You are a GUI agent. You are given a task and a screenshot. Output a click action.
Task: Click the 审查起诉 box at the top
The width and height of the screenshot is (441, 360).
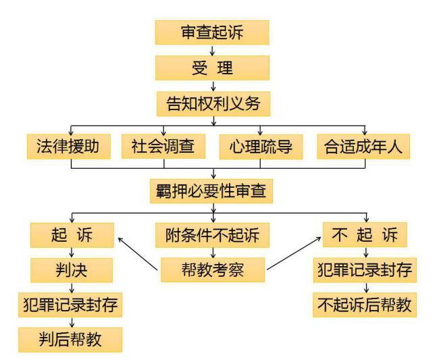point(212,32)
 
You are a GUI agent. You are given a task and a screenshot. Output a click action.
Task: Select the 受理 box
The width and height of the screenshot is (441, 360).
point(212,68)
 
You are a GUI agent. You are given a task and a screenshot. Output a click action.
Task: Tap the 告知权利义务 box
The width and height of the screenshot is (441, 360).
point(212,103)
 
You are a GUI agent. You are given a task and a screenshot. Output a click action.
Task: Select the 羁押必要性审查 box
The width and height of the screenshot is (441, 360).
point(211,190)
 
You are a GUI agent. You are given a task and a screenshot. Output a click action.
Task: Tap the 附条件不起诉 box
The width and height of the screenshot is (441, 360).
point(212,235)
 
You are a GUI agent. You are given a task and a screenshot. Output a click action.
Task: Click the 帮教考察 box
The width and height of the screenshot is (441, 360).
point(213,270)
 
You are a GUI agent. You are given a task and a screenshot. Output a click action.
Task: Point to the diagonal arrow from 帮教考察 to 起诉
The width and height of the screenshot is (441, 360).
point(138,251)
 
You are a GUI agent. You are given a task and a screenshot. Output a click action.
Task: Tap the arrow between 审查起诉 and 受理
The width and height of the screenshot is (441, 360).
point(212,50)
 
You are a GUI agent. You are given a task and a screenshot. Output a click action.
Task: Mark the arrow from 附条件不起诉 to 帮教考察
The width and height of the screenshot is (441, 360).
point(213,253)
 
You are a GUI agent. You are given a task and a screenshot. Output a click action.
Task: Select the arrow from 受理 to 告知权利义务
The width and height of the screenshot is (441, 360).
point(212,86)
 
